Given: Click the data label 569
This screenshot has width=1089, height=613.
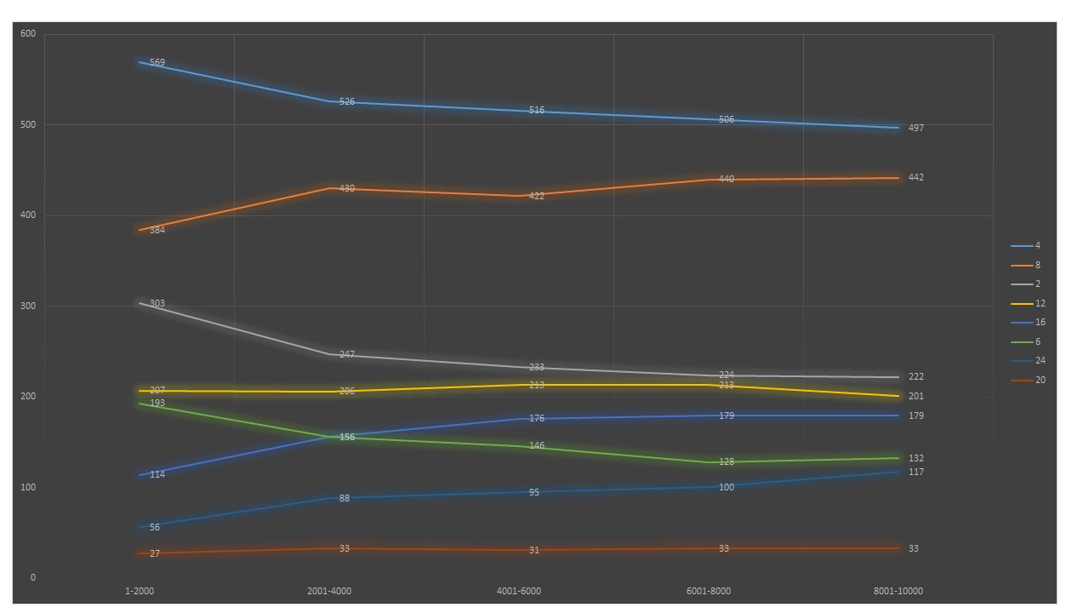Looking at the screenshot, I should (157, 63).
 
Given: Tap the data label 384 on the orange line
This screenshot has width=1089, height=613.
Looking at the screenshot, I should (157, 231).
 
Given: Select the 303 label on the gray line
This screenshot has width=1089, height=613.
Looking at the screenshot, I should (157, 304).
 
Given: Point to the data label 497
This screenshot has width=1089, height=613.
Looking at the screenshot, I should (915, 129).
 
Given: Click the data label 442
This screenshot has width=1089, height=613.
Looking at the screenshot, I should (915, 178).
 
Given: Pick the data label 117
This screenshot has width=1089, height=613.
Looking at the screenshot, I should (915, 473).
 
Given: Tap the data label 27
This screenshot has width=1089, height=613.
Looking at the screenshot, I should (155, 554).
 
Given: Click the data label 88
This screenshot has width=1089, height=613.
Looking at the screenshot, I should (345, 499).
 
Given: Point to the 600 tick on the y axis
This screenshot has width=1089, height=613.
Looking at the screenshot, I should (28, 34).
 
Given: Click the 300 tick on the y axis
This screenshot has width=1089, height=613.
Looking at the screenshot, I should (28, 306).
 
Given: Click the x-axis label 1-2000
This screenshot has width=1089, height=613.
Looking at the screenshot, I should (140, 591).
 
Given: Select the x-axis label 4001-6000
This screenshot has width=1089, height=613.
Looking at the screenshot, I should (519, 591).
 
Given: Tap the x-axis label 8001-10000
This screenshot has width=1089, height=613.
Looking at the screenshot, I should (898, 591).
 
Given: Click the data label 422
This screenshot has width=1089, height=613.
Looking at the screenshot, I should (537, 197).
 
